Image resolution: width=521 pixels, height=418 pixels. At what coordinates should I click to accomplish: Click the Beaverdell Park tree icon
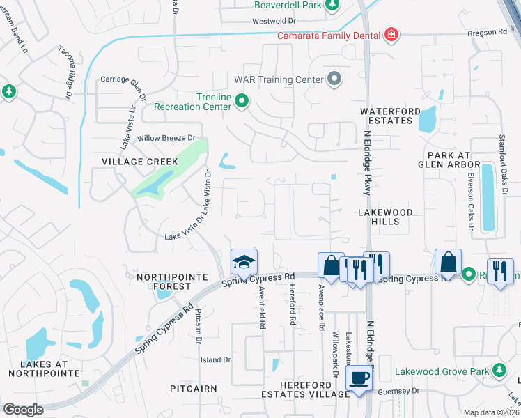coord(332,6)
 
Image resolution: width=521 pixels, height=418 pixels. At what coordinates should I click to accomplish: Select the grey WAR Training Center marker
coord(334,79)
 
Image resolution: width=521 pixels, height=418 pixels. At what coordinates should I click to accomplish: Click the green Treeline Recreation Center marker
coord(242,102)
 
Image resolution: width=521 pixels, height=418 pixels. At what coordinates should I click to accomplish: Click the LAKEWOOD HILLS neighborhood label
coord(385,217)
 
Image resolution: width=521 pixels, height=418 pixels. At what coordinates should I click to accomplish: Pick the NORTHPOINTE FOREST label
coord(164,281)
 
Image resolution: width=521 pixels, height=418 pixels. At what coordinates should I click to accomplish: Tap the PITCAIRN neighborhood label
coord(194,388)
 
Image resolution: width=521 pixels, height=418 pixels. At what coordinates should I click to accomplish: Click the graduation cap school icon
coord(244,262)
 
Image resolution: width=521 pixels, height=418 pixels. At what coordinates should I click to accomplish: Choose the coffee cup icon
coord(359,378)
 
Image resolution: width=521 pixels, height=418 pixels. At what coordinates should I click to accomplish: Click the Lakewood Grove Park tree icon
coord(499,370)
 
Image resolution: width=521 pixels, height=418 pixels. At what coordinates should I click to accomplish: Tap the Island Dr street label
coord(215,359)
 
